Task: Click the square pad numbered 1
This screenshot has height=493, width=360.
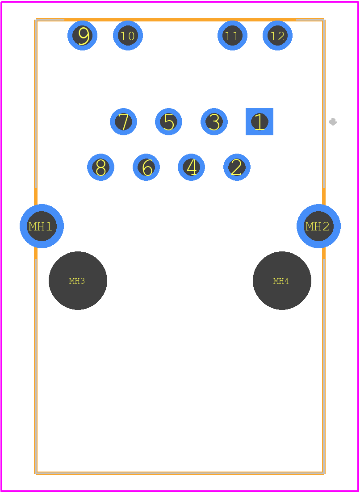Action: click(x=260, y=121)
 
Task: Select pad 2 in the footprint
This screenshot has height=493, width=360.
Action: click(x=237, y=167)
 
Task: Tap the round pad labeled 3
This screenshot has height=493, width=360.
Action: click(x=214, y=121)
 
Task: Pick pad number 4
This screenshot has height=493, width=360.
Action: click(x=191, y=167)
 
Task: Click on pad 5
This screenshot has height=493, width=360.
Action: click(x=168, y=121)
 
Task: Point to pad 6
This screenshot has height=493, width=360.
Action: click(x=146, y=167)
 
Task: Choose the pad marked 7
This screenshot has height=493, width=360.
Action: click(x=123, y=121)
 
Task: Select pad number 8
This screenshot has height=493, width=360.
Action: click(x=100, y=167)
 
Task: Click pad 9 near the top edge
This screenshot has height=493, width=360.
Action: click(x=82, y=36)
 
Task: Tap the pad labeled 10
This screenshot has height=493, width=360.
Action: click(x=128, y=36)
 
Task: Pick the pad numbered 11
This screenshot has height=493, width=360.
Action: click(x=232, y=36)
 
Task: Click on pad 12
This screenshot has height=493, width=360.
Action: click(x=278, y=36)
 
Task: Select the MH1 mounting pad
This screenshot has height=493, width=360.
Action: click(x=42, y=226)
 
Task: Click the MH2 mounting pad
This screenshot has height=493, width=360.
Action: click(x=318, y=226)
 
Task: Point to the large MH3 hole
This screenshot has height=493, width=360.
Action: click(x=78, y=280)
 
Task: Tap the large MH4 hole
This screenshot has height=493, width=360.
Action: click(x=282, y=280)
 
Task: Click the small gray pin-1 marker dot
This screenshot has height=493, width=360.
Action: click(x=333, y=121)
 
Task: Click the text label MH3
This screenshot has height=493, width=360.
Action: click(x=77, y=281)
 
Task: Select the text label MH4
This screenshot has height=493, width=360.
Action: click(x=281, y=281)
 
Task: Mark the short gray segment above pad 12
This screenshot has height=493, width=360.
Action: click(x=310, y=20)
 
